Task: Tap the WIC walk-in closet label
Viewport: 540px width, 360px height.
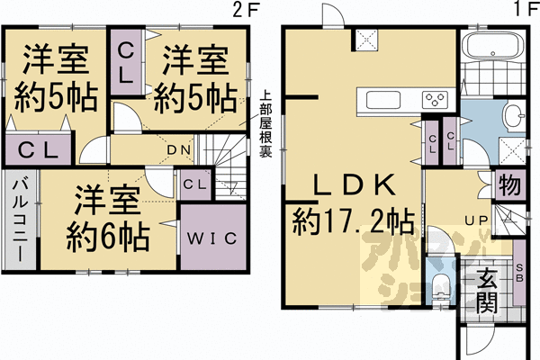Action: (212, 238)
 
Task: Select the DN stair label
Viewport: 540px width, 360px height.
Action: (177, 149)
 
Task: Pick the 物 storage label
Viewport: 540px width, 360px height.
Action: (508, 186)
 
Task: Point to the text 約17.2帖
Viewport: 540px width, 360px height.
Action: (352, 220)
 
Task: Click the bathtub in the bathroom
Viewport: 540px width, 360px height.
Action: (491, 47)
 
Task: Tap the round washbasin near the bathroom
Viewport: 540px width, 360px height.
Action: (511, 114)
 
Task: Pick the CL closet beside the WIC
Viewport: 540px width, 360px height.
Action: (195, 184)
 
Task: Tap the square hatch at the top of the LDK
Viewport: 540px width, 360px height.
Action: (366, 40)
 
